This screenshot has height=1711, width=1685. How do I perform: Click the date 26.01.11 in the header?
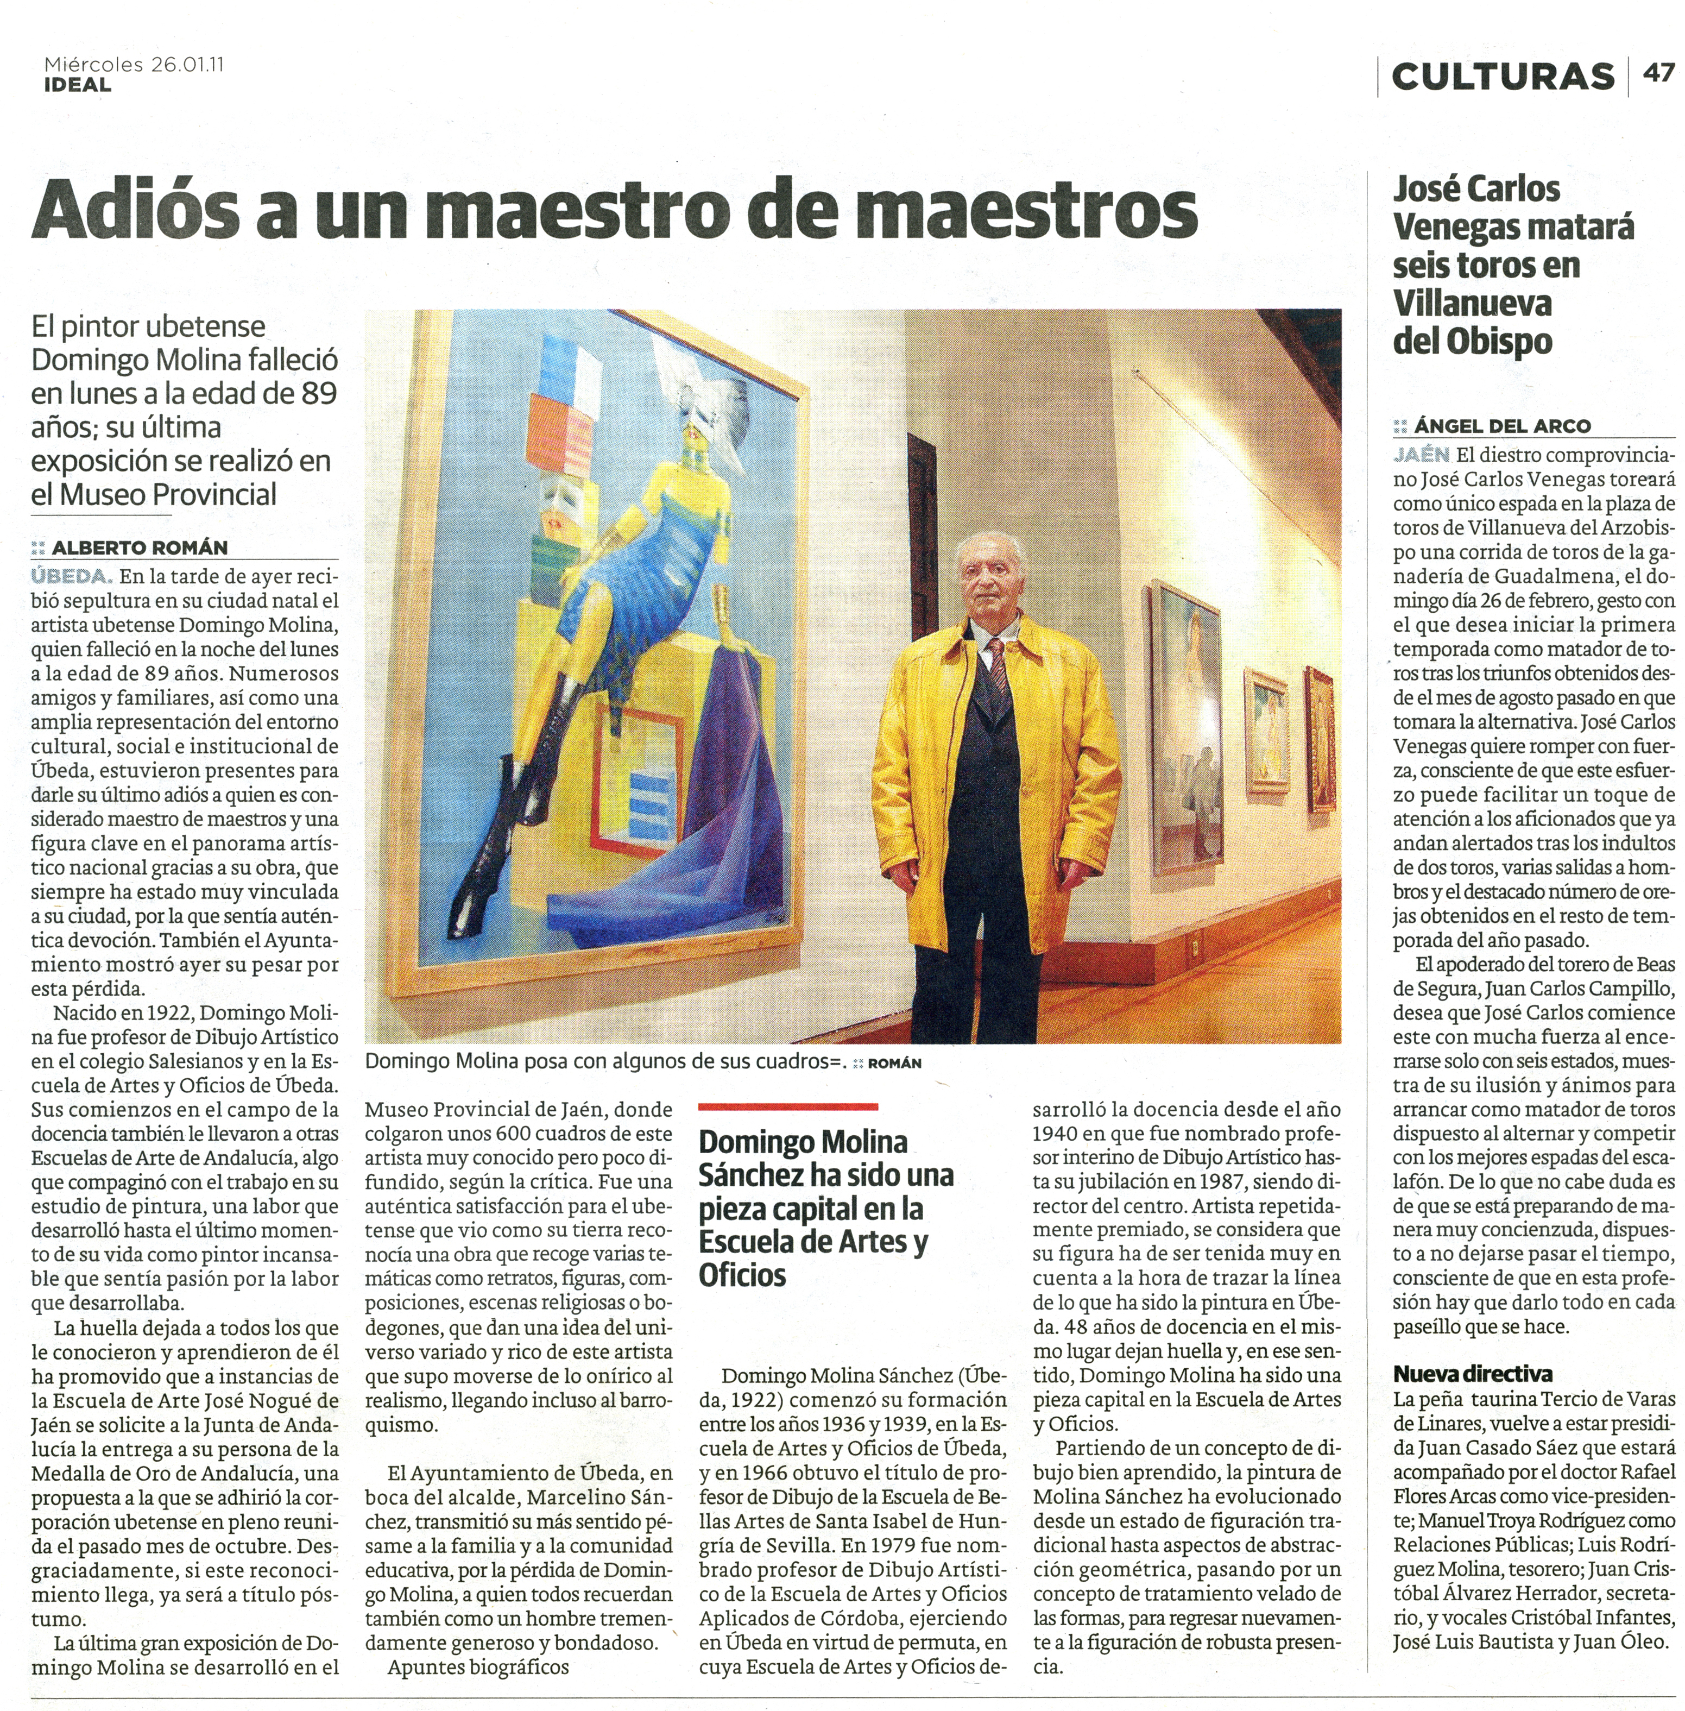pyautogui.click(x=187, y=65)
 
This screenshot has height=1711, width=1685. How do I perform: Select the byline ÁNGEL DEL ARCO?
pyautogui.click(x=1502, y=426)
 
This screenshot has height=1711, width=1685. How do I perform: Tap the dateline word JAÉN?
pyautogui.click(x=1421, y=455)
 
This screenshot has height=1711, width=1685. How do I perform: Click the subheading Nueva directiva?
pyautogui.click(x=1473, y=1375)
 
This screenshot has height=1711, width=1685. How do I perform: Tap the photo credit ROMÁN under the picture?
pyautogui.click(x=895, y=1063)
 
